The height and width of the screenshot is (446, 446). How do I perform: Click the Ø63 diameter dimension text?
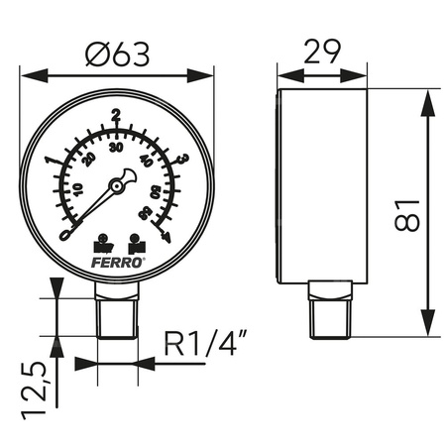(116, 56)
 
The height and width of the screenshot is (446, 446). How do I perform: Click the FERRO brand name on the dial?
(118, 260)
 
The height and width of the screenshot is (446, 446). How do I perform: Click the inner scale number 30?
(117, 148)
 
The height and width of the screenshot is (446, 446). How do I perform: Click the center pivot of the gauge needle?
(118, 183)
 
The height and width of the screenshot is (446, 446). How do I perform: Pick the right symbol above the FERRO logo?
(135, 240)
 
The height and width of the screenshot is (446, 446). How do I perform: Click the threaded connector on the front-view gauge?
(116, 311)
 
